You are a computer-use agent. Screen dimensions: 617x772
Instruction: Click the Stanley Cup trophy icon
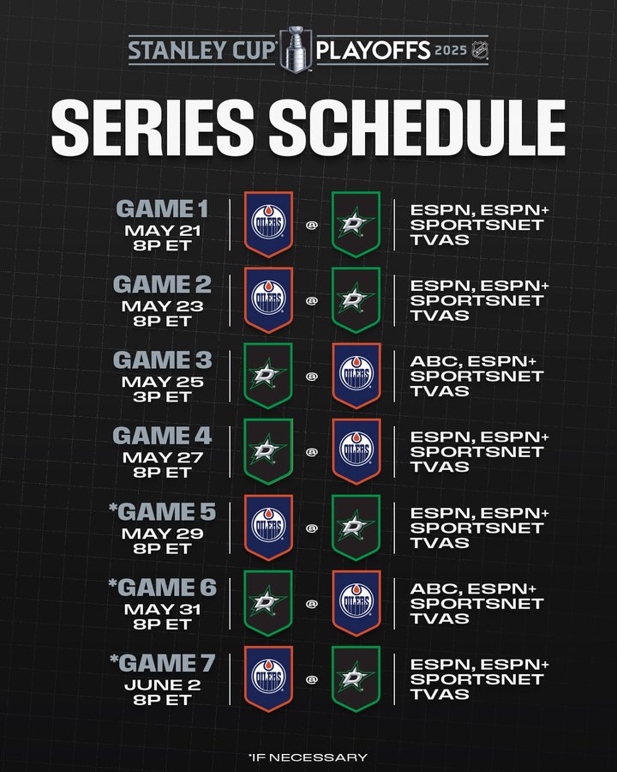pyautogui.click(x=297, y=49)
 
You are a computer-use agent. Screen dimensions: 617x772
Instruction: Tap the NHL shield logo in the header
pyautogui.click(x=479, y=50)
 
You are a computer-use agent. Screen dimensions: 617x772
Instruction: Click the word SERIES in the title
pyautogui.click(x=153, y=128)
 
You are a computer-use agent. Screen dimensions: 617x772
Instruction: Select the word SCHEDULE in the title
pyautogui.click(x=417, y=128)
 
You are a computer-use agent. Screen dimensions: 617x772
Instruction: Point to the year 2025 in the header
pyautogui.click(x=451, y=51)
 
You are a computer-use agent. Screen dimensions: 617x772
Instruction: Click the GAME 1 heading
pyautogui.click(x=162, y=208)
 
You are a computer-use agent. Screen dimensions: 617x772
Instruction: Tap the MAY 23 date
pyautogui.click(x=162, y=306)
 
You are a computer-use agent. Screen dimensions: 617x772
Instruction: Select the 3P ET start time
pyautogui.click(x=162, y=397)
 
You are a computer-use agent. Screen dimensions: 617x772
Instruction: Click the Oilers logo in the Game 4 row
pyautogui.click(x=356, y=451)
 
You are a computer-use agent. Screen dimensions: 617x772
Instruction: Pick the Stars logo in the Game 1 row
pyautogui.click(x=356, y=225)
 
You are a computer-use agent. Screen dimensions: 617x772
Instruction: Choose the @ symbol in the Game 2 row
pyautogui.click(x=312, y=301)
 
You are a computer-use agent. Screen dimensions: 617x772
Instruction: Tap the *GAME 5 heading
pyautogui.click(x=162, y=512)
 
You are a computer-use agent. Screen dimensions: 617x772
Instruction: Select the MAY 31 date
pyautogui.click(x=162, y=610)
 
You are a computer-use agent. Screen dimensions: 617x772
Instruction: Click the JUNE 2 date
pyautogui.click(x=162, y=685)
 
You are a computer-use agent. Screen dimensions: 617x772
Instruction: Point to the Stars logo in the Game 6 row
pyautogui.click(x=268, y=603)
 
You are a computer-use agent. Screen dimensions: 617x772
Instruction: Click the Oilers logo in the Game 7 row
pyautogui.click(x=268, y=679)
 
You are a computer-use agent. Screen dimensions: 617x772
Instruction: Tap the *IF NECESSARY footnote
pyautogui.click(x=308, y=757)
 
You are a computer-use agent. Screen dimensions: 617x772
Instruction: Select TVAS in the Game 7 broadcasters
pyautogui.click(x=440, y=695)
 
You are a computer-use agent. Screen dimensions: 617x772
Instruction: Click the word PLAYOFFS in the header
pyautogui.click(x=374, y=51)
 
